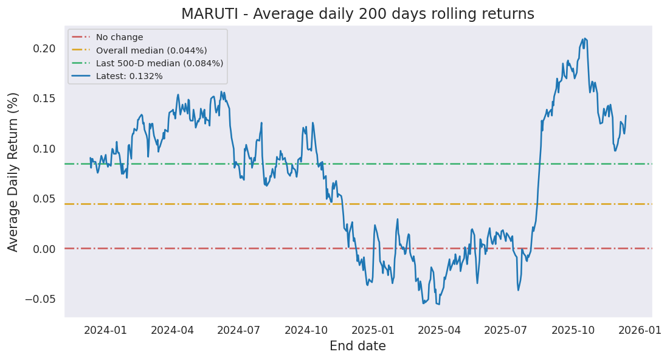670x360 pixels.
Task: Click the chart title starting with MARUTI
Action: click(357, 14)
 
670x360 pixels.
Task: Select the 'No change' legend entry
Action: click(119, 38)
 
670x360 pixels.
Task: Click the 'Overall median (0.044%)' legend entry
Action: click(151, 50)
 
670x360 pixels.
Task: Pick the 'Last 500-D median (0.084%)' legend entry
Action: click(159, 63)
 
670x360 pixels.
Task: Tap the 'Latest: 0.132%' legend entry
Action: click(129, 76)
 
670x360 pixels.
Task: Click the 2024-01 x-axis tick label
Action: click(105, 330)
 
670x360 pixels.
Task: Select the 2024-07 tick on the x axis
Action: click(238, 330)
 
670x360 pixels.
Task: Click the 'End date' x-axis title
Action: click(357, 347)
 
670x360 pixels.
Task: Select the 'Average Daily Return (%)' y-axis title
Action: click(13, 171)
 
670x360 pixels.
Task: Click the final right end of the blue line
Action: click(626, 116)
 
